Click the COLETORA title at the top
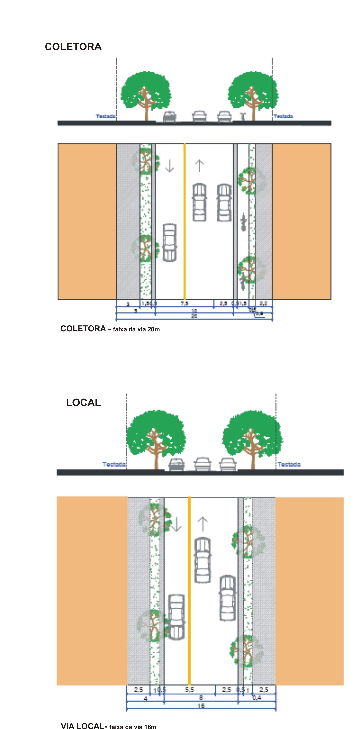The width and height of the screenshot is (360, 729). pyautogui.click(x=73, y=47)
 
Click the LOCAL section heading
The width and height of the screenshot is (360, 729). pyautogui.click(x=83, y=402)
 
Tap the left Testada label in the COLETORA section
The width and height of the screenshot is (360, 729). pyautogui.click(x=105, y=116)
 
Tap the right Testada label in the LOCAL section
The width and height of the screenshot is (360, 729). pyautogui.click(x=289, y=464)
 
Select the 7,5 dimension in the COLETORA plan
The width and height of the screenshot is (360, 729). pyautogui.click(x=184, y=304)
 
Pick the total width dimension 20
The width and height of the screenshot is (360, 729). pyautogui.click(x=194, y=316)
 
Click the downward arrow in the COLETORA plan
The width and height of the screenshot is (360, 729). pyautogui.click(x=169, y=166)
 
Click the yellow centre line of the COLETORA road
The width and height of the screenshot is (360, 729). pyautogui.click(x=185, y=221)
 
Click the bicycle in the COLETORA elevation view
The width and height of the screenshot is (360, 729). pyautogui.click(x=242, y=116)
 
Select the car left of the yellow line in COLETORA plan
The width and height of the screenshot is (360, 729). pyautogui.click(x=170, y=243)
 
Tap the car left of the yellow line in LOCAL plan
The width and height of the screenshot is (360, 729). pyautogui.click(x=176, y=617)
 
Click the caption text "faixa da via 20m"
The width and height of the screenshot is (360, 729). pyautogui.click(x=136, y=329)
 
